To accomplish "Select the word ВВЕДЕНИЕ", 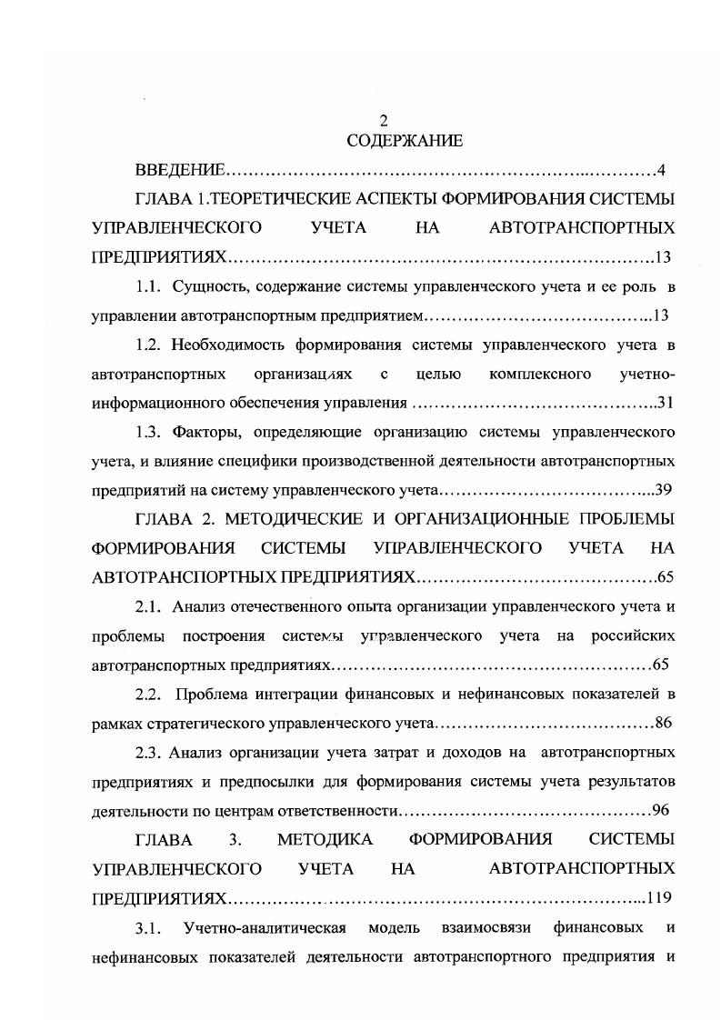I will (x=180, y=170).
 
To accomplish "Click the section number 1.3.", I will (x=149, y=432).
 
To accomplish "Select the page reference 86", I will (x=662, y=724).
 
